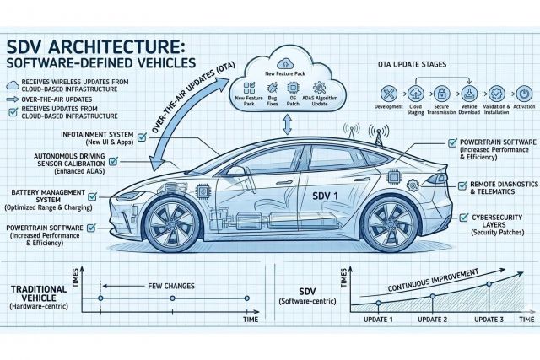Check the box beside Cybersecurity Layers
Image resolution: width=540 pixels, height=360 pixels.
(x=463, y=218)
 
